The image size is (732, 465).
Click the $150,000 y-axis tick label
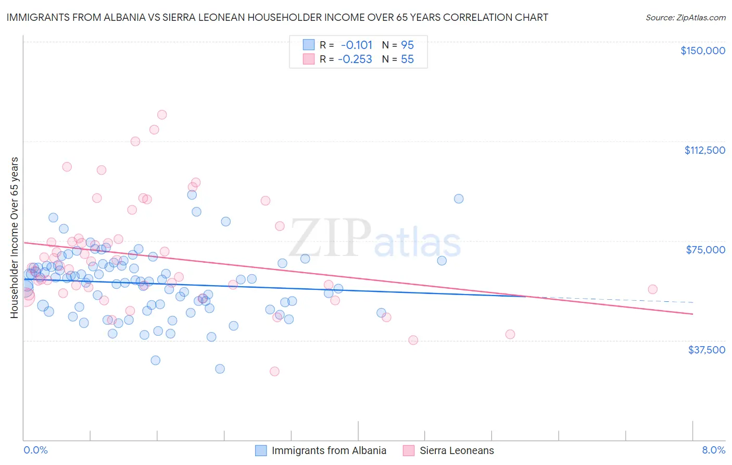tap(702, 51)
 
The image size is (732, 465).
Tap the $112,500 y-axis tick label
tap(704, 150)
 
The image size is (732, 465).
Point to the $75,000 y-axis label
tap(705, 250)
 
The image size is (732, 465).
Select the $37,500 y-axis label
tap(706, 350)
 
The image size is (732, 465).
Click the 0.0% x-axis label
tap(35, 450)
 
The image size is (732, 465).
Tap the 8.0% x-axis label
tap(713, 450)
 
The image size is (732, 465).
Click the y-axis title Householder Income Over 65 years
tap(15, 238)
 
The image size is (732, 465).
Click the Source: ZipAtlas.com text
tap(685, 17)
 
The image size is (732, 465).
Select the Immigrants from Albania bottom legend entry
tap(329, 450)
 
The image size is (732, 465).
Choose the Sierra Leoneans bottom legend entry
tap(457, 450)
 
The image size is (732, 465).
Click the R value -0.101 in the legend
tap(357, 45)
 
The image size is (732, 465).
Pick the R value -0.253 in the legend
tap(355, 59)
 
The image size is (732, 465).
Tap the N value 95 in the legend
tap(407, 45)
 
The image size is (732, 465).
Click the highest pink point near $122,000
tap(162, 115)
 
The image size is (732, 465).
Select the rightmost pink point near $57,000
tap(652, 289)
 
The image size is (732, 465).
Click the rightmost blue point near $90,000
tap(459, 199)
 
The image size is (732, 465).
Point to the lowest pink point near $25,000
tap(274, 371)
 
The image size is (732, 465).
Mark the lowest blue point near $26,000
tap(220, 369)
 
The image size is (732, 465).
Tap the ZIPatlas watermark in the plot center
tap(375, 239)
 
